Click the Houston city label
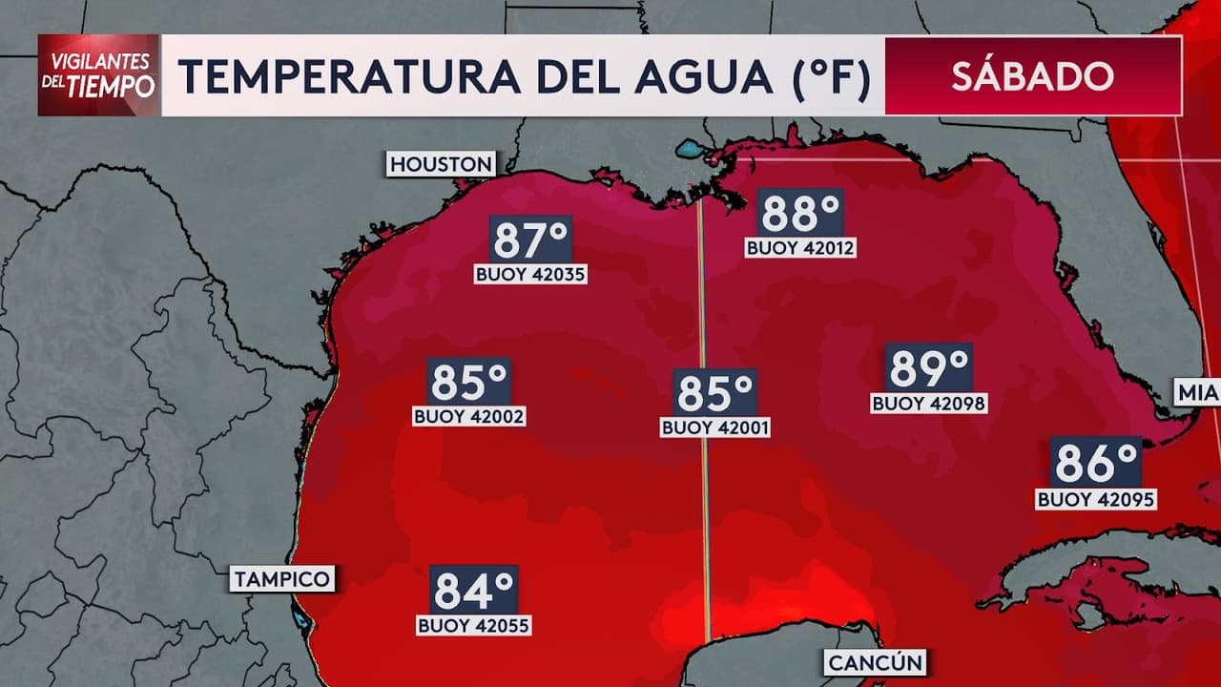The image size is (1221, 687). click(x=441, y=164)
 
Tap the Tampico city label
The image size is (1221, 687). click(x=282, y=578)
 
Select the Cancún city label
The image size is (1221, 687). click(x=876, y=662)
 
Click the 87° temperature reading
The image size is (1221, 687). click(x=530, y=239)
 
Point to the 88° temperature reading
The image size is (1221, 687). click(x=800, y=213)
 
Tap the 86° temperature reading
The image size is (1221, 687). click(x=1096, y=463)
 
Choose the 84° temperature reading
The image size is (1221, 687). click(x=474, y=590)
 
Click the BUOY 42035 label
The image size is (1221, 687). click(x=530, y=275)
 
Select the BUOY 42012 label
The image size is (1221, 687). click(x=800, y=248)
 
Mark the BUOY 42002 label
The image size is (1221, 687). click(x=469, y=417)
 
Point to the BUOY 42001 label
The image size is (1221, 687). click(x=715, y=428)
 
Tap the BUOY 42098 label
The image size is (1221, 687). click(x=928, y=404)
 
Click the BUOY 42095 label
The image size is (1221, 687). click(x=1096, y=499)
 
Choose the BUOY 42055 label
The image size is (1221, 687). click(x=474, y=626)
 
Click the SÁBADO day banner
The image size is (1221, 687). click(x=1032, y=76)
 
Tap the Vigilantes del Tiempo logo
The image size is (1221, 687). click(x=99, y=75)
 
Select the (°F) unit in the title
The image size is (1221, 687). click(x=831, y=77)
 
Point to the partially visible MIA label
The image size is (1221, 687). click(x=1197, y=392)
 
